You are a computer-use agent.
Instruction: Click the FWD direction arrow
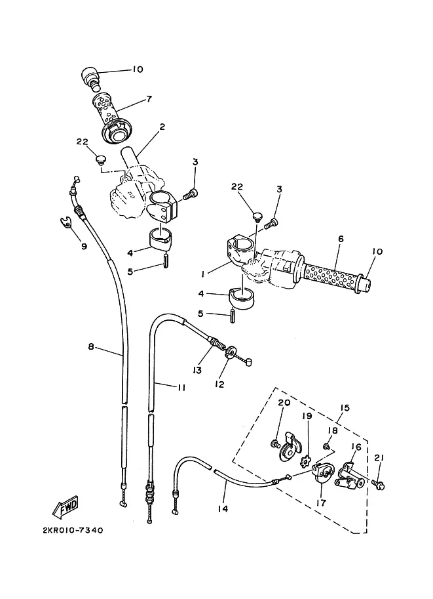tap(66, 507)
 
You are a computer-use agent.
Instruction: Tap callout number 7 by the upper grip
tap(149, 99)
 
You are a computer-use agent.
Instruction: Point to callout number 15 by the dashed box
tap(345, 407)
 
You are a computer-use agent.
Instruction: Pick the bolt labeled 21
tap(379, 485)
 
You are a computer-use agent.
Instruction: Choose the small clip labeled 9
tap(67, 222)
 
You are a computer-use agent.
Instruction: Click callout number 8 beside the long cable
tap(91, 347)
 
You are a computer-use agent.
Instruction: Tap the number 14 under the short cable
tap(223, 508)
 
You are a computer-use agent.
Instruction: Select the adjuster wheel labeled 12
tap(231, 352)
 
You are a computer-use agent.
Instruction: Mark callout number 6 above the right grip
tap(341, 239)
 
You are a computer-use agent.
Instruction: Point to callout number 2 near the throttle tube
tap(162, 127)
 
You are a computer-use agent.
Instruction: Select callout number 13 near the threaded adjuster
tap(197, 370)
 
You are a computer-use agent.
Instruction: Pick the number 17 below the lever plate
tap(322, 503)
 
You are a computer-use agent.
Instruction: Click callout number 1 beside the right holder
tap(203, 274)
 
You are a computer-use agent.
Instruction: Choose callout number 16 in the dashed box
tap(356, 447)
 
